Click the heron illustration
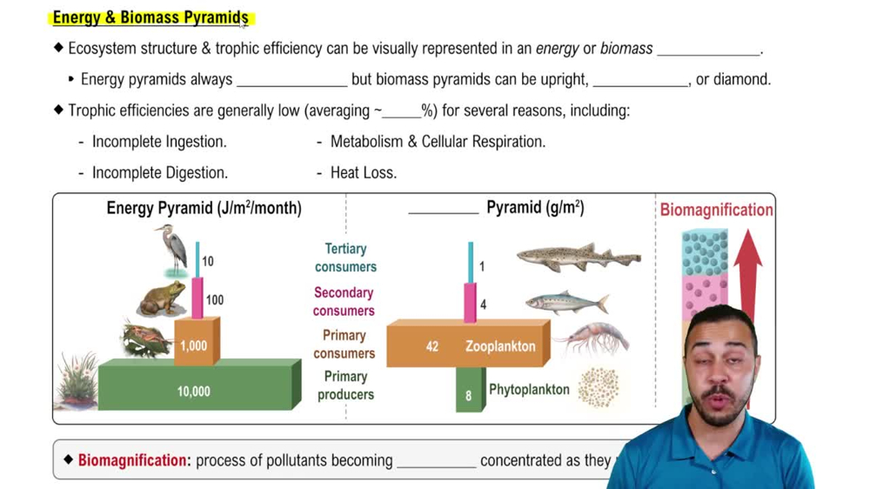(x=171, y=248)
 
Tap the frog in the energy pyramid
(x=163, y=298)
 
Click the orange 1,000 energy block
(x=194, y=345)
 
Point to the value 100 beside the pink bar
(x=214, y=300)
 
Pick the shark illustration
(x=578, y=256)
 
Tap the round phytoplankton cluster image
(x=598, y=387)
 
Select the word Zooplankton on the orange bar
(x=500, y=346)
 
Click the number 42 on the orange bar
(x=432, y=346)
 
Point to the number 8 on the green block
(x=468, y=396)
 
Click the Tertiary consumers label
(x=345, y=258)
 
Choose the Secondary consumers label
(x=344, y=302)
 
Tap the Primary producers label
(x=345, y=385)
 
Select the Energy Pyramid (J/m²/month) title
(x=204, y=208)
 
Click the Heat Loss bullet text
(x=363, y=172)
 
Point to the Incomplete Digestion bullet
(x=159, y=172)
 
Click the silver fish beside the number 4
(x=566, y=302)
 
